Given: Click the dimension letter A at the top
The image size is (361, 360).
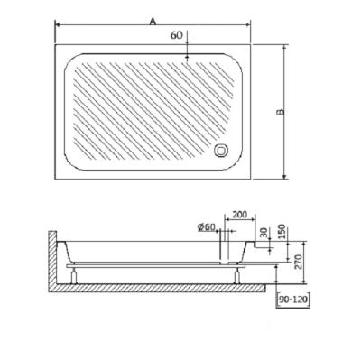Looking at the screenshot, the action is click(153, 21).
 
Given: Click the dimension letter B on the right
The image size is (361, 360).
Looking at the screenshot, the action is click(280, 112).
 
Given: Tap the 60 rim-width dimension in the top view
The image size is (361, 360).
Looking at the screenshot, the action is click(177, 35).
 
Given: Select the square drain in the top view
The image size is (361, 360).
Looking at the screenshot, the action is click(221, 150).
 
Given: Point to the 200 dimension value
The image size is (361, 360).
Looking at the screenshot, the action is click(240, 215).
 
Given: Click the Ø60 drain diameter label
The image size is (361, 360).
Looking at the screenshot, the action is click(207, 227).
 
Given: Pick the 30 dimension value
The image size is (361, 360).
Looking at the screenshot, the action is click(264, 233).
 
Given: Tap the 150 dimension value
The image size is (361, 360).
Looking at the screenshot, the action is click(282, 231).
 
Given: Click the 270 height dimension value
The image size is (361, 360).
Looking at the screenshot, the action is click(298, 262).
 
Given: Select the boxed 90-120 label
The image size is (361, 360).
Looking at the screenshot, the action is click(293, 300).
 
